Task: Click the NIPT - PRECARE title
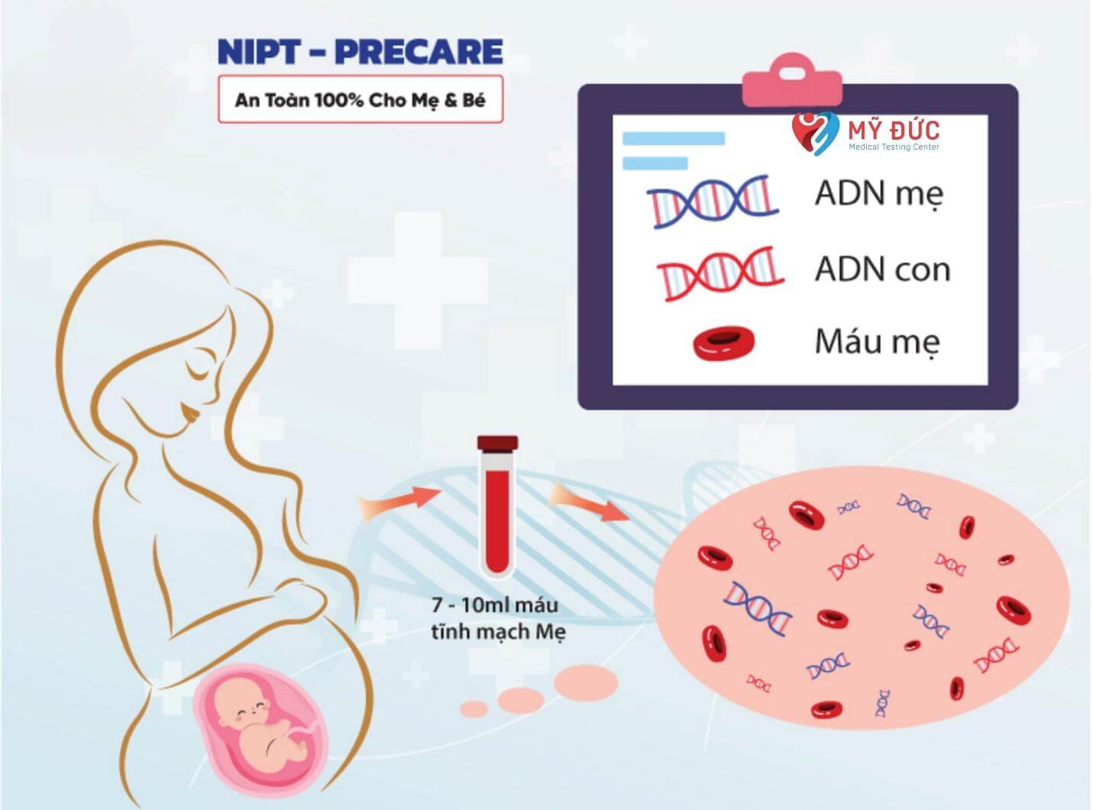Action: [361, 52]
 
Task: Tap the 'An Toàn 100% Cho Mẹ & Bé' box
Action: [361, 99]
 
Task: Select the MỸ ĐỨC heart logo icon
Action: [815, 133]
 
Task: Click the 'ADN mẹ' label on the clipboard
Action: [878, 194]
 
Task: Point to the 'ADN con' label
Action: [882, 269]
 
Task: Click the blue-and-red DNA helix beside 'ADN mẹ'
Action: [713, 201]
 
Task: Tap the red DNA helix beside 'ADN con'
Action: [720, 274]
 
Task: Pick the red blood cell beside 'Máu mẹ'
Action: [724, 342]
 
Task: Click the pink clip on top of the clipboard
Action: [792, 80]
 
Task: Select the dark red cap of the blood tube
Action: [497, 442]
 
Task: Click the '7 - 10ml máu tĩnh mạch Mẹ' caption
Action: [498, 619]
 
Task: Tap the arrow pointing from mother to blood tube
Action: [399, 501]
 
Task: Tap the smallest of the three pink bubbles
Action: [474, 709]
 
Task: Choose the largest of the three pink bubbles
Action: [586, 683]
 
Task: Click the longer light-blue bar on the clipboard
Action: [674, 138]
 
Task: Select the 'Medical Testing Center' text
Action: [894, 147]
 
